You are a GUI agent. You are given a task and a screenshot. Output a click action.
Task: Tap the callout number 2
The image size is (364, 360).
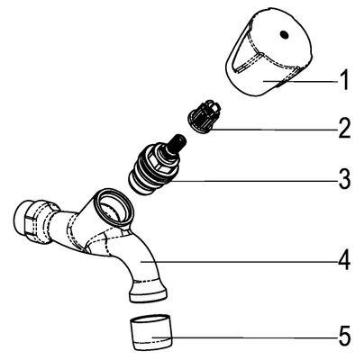click(344, 128)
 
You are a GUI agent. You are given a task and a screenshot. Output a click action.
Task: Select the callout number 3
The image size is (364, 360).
click(344, 179)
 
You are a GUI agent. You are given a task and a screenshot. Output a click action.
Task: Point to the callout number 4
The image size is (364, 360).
click(344, 260)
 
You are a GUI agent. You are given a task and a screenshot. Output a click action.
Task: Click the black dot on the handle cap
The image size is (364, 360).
click(284, 34)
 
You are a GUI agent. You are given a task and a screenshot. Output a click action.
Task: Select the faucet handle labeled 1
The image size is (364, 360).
click(269, 53)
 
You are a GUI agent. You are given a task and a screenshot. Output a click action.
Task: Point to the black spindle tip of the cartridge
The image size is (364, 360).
click(177, 142)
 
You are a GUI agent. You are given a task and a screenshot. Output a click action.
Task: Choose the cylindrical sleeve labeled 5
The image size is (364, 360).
click(152, 332)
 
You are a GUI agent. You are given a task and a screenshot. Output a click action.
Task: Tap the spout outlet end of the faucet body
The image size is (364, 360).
click(149, 293)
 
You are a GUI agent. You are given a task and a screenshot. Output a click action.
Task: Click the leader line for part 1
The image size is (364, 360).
click(300, 81)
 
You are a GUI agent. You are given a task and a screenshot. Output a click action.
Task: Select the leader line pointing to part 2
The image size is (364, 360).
click(274, 130)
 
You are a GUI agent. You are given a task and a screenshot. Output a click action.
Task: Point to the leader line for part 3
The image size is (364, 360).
click(253, 181)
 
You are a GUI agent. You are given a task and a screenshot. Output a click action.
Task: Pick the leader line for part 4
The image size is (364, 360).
click(239, 262)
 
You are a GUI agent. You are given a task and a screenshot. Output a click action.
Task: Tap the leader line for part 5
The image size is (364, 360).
click(244, 337)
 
